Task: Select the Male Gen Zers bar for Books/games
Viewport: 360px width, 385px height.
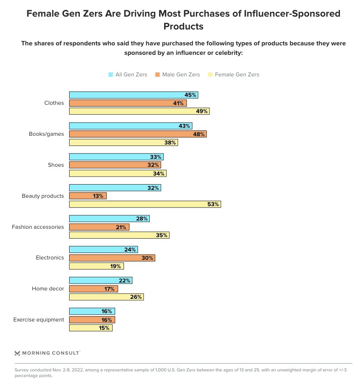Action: coord(138,134)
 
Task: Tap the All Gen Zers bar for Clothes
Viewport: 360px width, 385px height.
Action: coord(133,95)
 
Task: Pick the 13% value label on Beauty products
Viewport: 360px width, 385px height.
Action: coord(98,196)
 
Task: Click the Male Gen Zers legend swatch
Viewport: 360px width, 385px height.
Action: coord(157,75)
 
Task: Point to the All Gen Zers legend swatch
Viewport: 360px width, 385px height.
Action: coord(111,75)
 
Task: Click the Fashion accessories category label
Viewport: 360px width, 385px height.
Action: coord(38,227)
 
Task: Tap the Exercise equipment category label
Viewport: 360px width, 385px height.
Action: coord(39,320)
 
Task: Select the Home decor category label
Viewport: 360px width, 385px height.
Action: coord(48,289)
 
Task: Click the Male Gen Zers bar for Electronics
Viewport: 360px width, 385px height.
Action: coord(112,258)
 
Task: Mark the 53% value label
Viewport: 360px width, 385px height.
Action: coord(213,204)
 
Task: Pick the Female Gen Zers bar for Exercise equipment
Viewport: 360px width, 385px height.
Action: coord(91,328)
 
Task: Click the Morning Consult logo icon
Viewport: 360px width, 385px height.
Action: coord(17,353)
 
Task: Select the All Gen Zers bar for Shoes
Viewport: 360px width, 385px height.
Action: coord(116,157)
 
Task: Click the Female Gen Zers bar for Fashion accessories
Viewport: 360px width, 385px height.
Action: coord(119,235)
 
